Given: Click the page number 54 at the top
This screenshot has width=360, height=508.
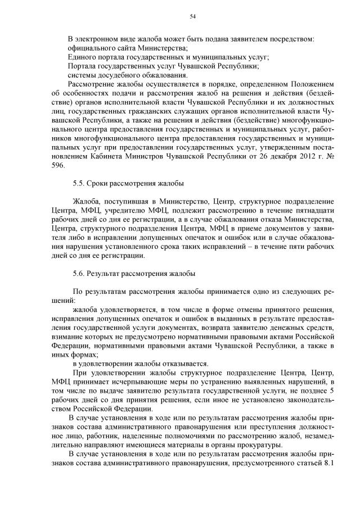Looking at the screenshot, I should tap(192, 17).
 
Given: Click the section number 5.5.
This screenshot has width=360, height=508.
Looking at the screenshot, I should tap(79, 184).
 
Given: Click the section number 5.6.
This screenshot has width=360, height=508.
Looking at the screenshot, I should tap(79, 274).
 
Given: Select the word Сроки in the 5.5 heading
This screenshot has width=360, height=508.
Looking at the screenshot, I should tap(100, 184).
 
